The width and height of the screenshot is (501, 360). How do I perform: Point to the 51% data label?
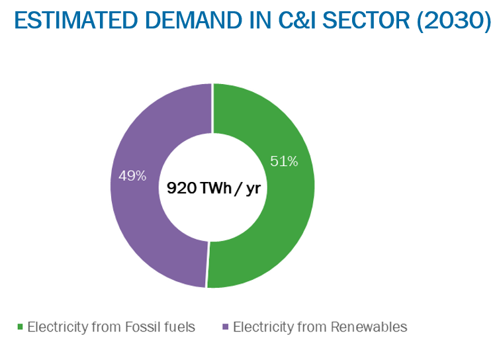click(285, 161)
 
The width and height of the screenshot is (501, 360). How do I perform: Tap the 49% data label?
click(132, 176)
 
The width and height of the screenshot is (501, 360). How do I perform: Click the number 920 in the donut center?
click(181, 188)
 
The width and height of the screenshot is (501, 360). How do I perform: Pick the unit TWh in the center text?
click(212, 188)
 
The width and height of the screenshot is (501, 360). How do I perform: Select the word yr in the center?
click(251, 188)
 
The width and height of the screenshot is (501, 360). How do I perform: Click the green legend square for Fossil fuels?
click(20, 327)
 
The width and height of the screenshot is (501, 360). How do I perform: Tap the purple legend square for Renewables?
click(226, 327)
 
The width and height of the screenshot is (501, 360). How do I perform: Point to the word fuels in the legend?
click(179, 327)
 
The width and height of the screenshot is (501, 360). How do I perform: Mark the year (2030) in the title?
click(456, 22)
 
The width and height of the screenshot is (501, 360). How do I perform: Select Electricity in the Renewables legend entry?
click(264, 327)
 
